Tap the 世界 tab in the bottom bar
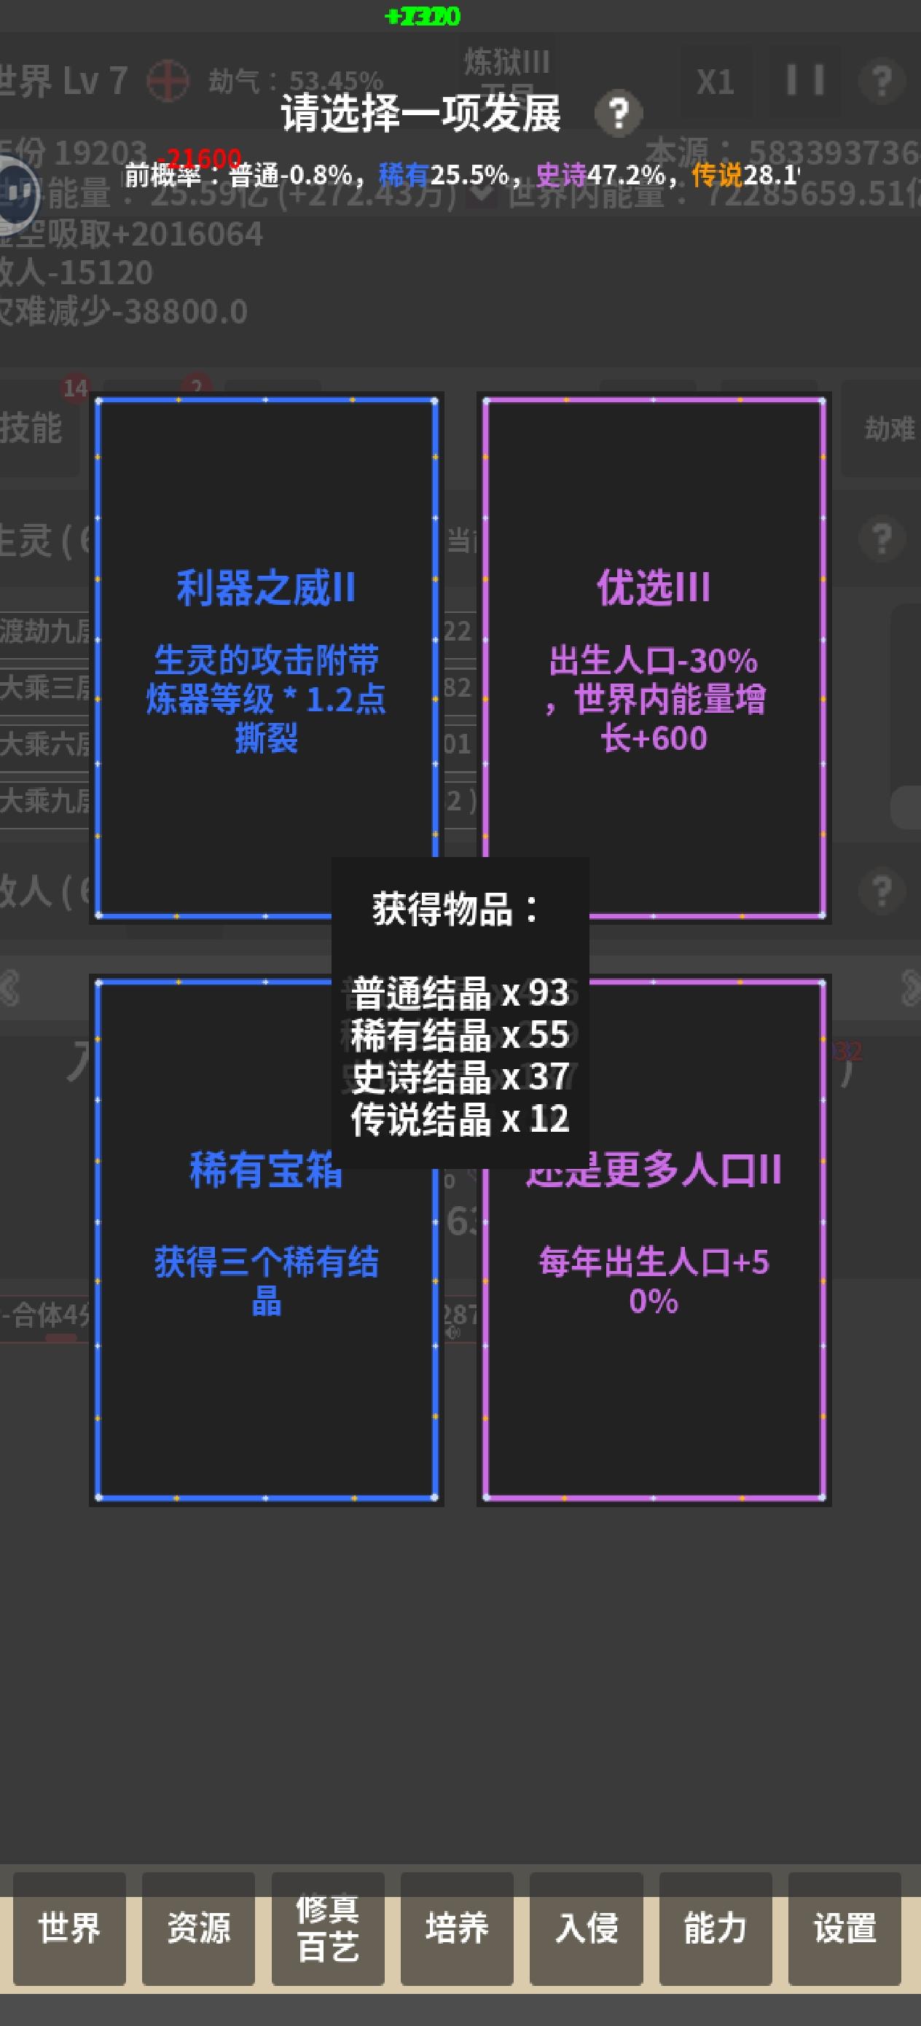[69, 1928]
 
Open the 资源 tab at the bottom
[198, 1928]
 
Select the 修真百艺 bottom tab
[328, 1928]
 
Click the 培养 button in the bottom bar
[457, 1928]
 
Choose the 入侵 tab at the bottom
[586, 1928]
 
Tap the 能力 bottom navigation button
[715, 1928]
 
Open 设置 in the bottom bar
[844, 1928]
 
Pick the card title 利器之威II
[266, 588]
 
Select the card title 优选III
[654, 588]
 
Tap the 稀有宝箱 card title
[266, 1170]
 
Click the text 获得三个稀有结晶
[266, 1281]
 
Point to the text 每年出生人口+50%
[654, 1281]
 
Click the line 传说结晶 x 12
[460, 1119]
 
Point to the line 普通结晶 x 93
[460, 993]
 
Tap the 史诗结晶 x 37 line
[460, 1076]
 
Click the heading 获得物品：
[456, 910]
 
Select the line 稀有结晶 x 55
[460, 1035]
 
